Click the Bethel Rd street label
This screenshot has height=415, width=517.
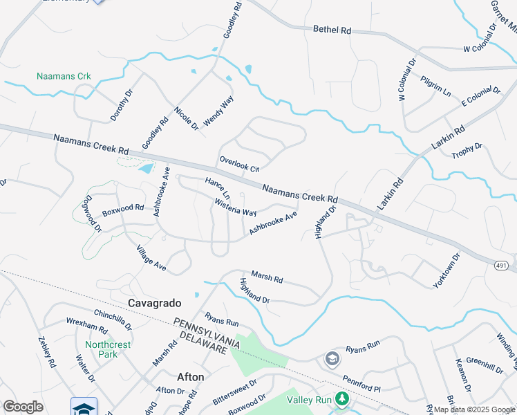point(332,30)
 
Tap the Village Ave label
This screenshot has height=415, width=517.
point(151,257)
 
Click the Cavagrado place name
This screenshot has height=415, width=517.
point(155,303)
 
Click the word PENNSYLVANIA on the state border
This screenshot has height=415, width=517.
point(206,331)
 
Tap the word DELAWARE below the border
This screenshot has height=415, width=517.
point(203,343)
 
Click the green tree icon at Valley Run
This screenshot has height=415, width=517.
point(341,399)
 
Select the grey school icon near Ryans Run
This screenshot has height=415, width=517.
point(332,358)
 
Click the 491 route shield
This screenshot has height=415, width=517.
point(502,265)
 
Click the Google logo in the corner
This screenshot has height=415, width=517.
point(23,407)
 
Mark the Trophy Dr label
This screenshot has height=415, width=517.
point(467,150)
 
